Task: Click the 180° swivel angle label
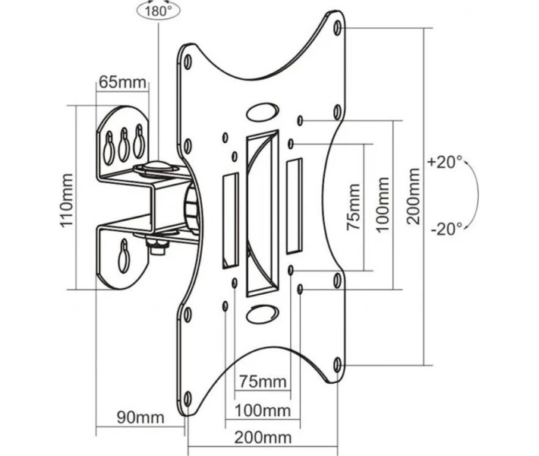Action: [x=158, y=11]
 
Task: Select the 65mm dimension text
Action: [x=122, y=82]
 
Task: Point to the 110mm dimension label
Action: [x=67, y=200]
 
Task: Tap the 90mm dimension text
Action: [x=140, y=417]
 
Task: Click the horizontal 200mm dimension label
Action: [x=263, y=438]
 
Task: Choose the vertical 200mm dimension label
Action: [x=414, y=196]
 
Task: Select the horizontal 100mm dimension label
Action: [x=263, y=410]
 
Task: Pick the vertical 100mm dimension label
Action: [x=383, y=204]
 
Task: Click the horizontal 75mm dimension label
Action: [x=263, y=382]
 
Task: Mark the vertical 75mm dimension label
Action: [x=353, y=207]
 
